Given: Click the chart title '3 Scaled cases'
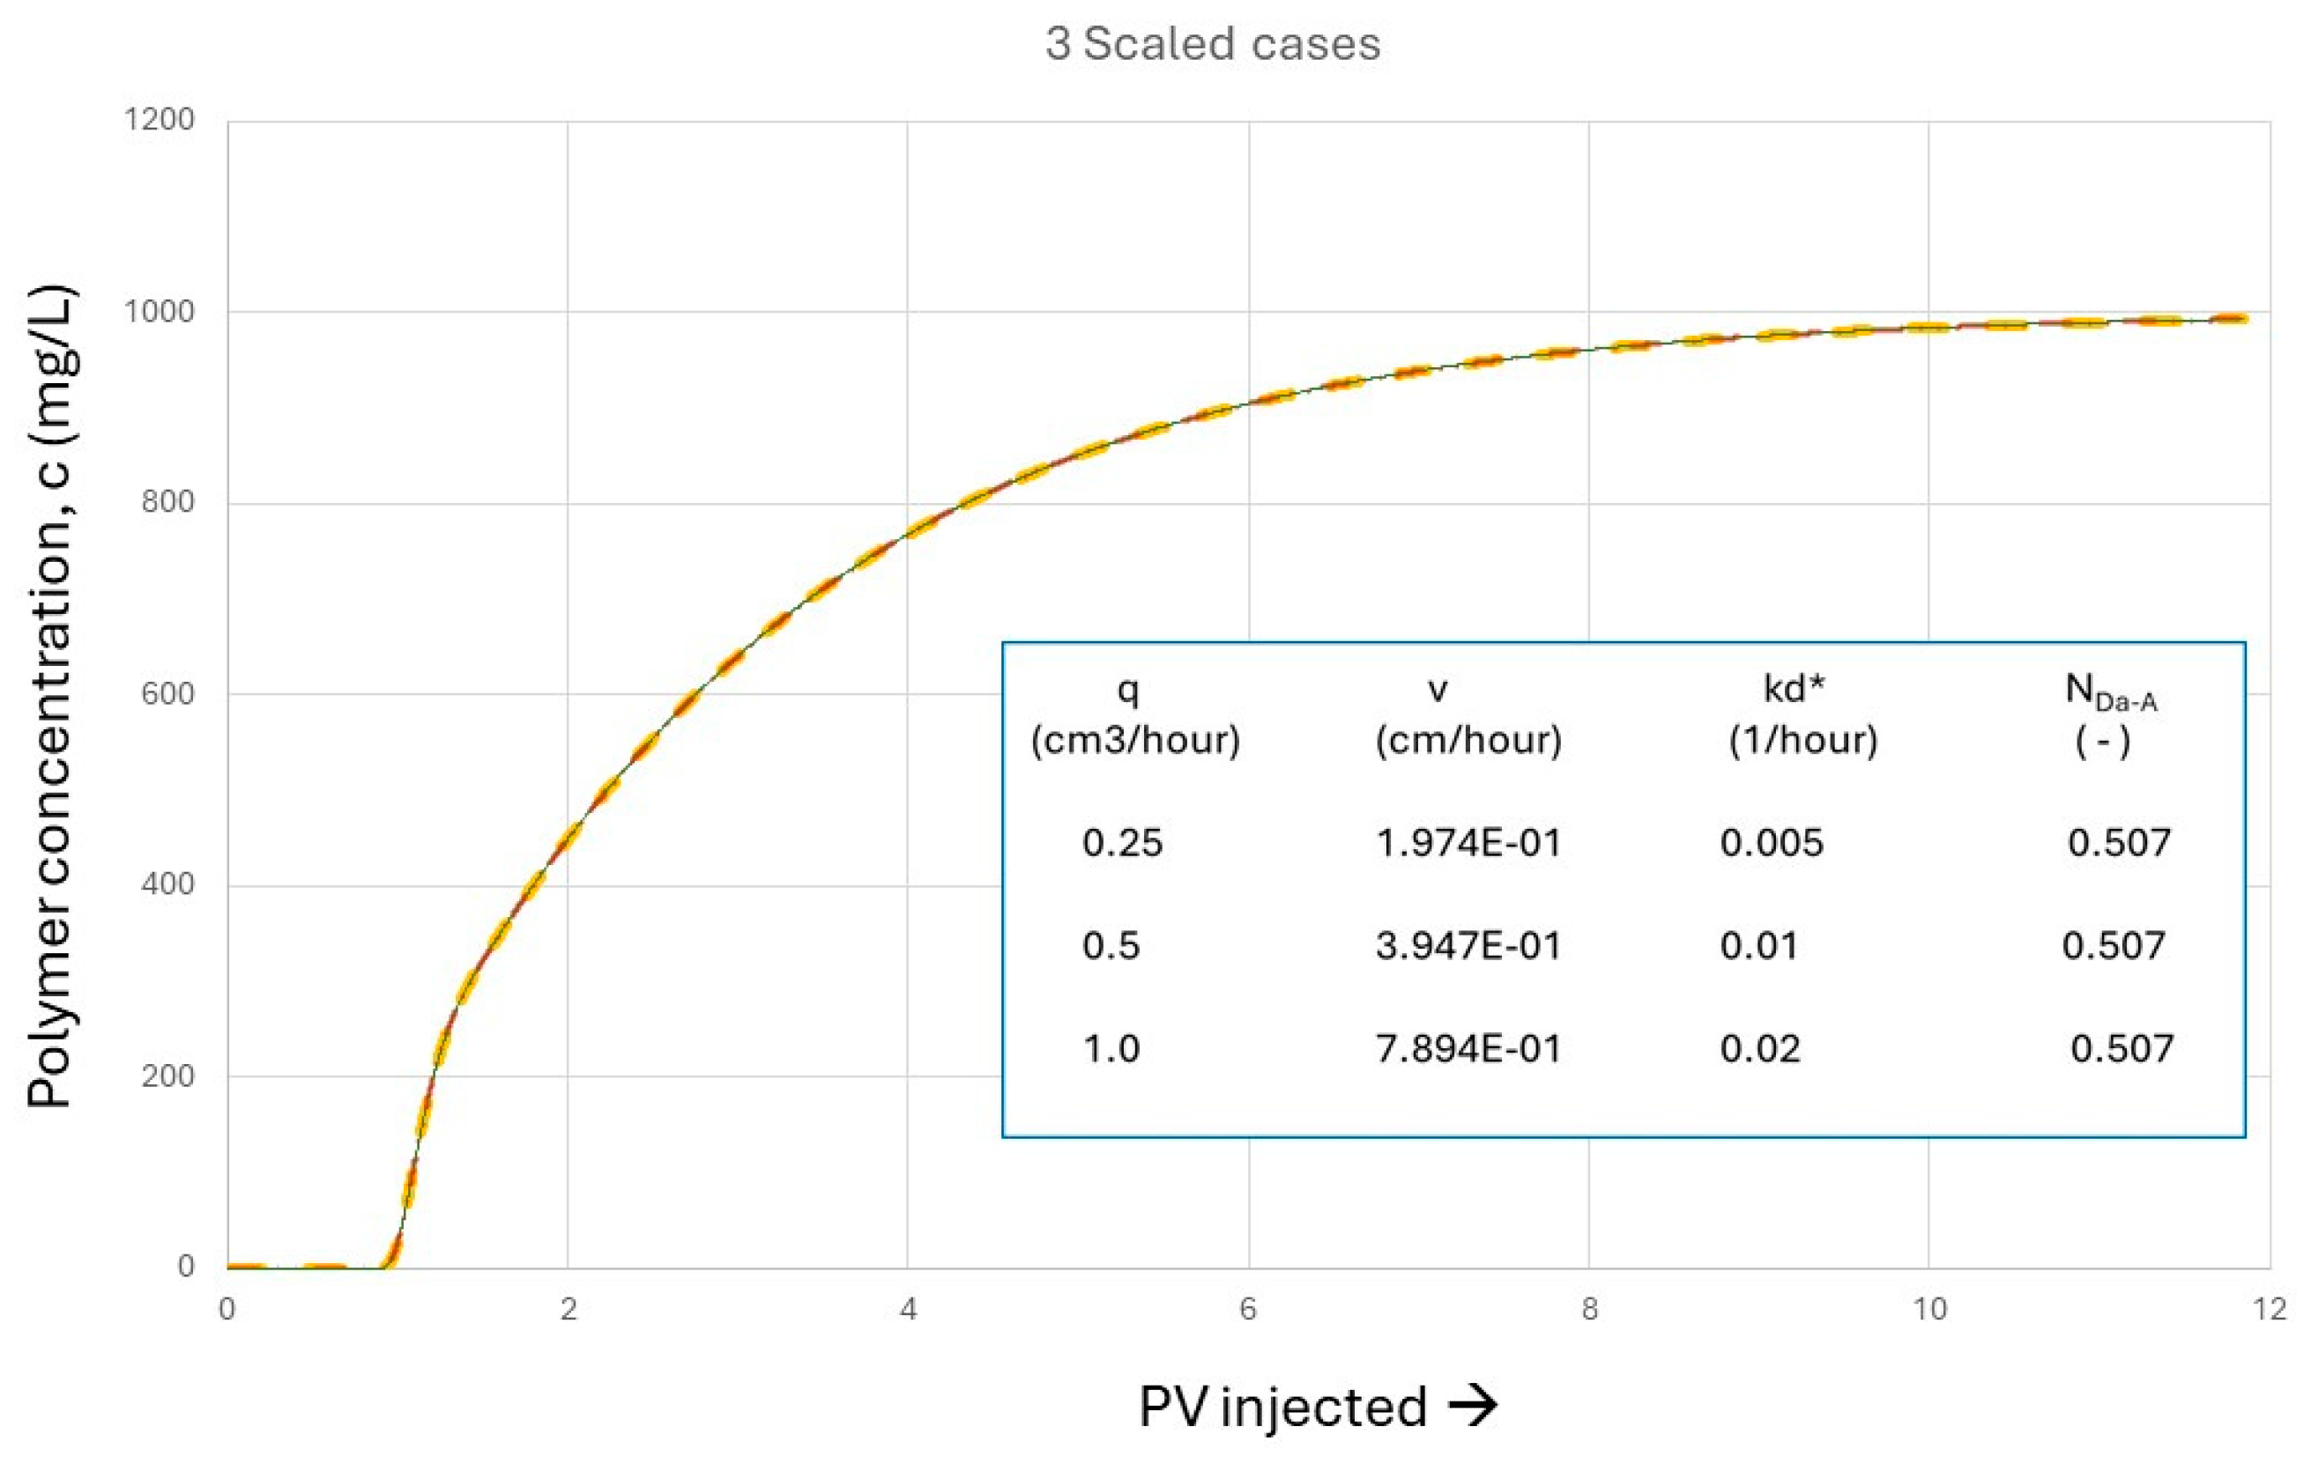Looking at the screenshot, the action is pos(1213,44).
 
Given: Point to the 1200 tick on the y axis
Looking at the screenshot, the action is pos(160,120).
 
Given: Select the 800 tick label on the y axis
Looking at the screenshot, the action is pos(168,502).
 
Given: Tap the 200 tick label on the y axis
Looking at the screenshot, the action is pos(168,1076).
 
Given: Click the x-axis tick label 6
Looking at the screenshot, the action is pos(1248,1309).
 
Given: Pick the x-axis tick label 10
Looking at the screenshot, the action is pos(1930,1309).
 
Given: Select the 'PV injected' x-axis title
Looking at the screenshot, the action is pos(1283,1408).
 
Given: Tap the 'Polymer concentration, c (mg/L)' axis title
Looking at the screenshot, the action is pos(50,696).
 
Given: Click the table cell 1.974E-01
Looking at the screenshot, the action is pos(1468,842).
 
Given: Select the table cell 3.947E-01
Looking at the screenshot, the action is pos(1468,946).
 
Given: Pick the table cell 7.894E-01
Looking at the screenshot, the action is pos(1468,1048).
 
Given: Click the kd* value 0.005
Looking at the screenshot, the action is pos(1772,842).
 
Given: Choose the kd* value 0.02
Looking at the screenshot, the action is pos(1760,1048).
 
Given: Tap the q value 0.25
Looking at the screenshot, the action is pos(1123,842).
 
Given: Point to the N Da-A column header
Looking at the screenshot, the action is pos(2110,691).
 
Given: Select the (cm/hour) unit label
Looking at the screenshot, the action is pos(1468,740).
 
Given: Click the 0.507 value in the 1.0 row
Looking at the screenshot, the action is pos(2122,1048).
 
